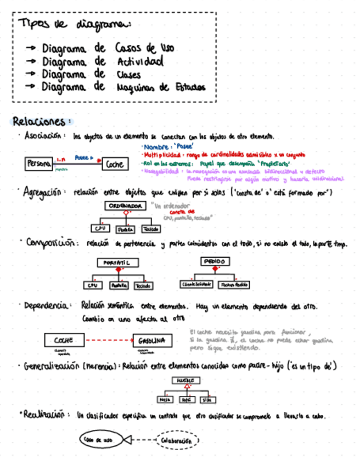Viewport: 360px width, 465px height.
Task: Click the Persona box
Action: point(38,163)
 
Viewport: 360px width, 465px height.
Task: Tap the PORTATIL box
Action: point(116,263)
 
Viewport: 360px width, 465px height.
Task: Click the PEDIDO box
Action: point(215,261)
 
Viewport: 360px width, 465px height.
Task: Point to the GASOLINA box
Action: point(152,341)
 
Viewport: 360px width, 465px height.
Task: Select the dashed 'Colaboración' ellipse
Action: point(178,440)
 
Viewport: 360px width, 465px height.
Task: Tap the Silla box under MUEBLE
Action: point(207,400)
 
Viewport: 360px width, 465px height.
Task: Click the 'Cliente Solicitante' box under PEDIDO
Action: point(196,285)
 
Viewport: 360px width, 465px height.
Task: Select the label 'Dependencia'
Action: point(47,306)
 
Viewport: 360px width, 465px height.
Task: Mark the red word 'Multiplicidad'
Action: point(160,156)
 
